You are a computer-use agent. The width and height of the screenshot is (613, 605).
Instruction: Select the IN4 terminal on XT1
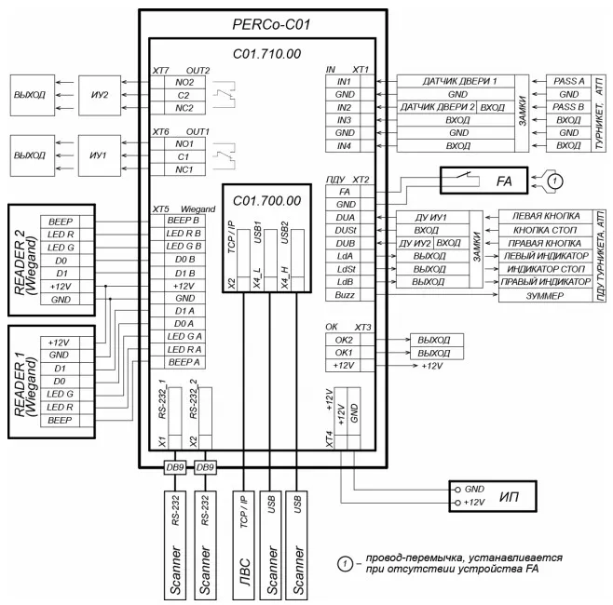pyautogui.click(x=334, y=146)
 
